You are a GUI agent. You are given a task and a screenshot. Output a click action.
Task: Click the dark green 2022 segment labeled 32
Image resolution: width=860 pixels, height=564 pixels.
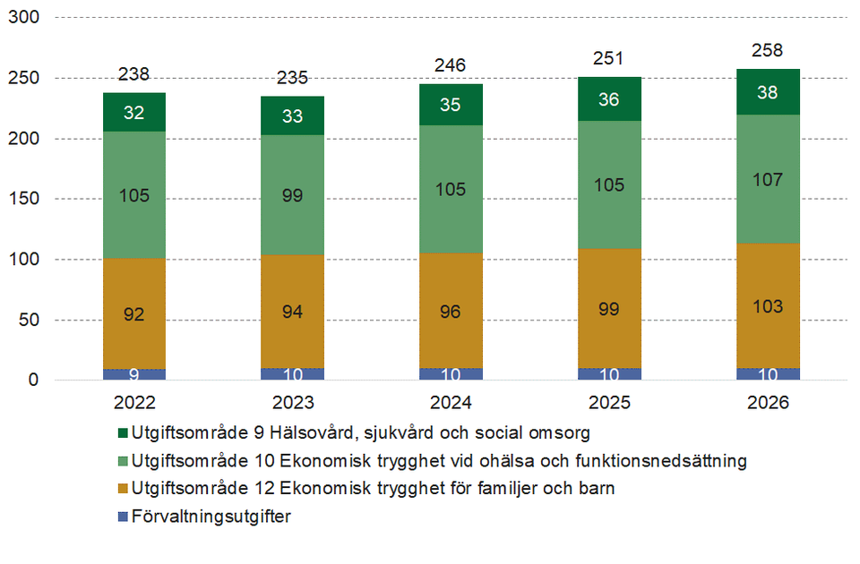point(134,112)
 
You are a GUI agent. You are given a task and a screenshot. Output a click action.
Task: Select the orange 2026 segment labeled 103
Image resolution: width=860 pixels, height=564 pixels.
point(768,305)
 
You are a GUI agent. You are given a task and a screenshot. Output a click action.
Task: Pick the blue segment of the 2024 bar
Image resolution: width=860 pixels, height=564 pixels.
point(451,373)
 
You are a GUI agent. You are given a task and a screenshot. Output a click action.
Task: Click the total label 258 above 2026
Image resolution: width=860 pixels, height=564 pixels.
point(768,50)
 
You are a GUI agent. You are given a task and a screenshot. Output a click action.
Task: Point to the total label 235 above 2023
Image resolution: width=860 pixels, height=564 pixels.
point(293,78)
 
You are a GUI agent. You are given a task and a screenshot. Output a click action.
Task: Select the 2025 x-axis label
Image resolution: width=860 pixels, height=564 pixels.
point(609,403)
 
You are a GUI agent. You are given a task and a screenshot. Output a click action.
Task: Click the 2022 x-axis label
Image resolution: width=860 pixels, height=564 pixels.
point(134,403)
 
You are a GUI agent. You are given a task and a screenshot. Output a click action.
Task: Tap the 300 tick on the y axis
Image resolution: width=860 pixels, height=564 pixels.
point(24,18)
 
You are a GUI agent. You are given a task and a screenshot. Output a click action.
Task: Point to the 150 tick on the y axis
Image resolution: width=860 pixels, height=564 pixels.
point(24,199)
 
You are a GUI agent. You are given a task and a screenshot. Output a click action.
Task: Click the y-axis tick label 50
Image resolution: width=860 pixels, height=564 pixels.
point(29,320)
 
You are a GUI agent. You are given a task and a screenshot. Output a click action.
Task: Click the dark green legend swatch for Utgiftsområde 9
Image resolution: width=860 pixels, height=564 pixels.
point(122,434)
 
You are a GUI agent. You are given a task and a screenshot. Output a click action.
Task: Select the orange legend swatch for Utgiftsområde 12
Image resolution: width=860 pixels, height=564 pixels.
point(122,490)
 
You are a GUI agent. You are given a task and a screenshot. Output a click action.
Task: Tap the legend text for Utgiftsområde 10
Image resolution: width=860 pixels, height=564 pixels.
point(438,462)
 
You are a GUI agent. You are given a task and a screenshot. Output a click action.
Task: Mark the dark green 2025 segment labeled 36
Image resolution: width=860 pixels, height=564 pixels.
point(609,99)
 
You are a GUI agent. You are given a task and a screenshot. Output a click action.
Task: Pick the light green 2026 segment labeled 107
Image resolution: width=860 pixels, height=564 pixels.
point(768,179)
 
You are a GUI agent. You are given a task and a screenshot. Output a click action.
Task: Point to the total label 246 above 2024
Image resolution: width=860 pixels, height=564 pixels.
point(451,65)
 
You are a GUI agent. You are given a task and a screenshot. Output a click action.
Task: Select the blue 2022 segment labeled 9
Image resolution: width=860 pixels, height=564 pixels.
point(134,374)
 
